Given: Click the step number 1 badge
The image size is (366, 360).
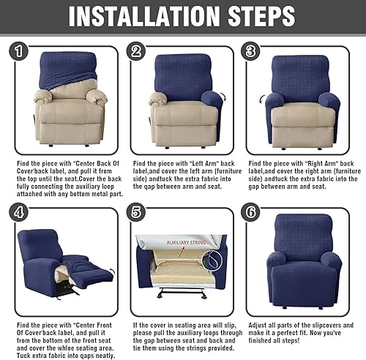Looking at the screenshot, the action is click(19, 51).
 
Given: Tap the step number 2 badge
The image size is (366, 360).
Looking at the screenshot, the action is click(136, 51).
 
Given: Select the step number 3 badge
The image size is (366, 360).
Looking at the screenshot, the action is click(251, 51).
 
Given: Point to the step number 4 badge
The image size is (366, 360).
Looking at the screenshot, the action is click(19, 212).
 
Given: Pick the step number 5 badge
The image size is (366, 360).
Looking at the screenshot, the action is click(136, 212).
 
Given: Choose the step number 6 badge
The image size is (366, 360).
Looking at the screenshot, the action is click(251, 212).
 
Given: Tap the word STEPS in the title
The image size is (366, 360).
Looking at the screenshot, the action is click(261, 16).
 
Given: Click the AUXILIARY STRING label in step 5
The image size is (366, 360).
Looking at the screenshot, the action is click(186, 242).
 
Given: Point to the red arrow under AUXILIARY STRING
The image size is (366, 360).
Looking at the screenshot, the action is click(182, 252).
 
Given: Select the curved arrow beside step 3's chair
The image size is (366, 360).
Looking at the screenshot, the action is click(261, 100).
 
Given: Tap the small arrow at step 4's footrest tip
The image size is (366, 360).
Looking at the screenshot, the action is click(112, 271).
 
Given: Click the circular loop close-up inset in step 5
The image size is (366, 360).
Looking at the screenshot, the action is click(212, 260).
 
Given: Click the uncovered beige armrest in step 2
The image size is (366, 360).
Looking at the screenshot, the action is click(158, 100).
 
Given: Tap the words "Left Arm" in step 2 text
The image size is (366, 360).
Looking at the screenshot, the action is click(203, 163).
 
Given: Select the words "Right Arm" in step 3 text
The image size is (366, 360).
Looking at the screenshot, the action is click(321, 163).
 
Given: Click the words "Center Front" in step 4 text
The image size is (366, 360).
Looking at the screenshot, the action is click(92, 325).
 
